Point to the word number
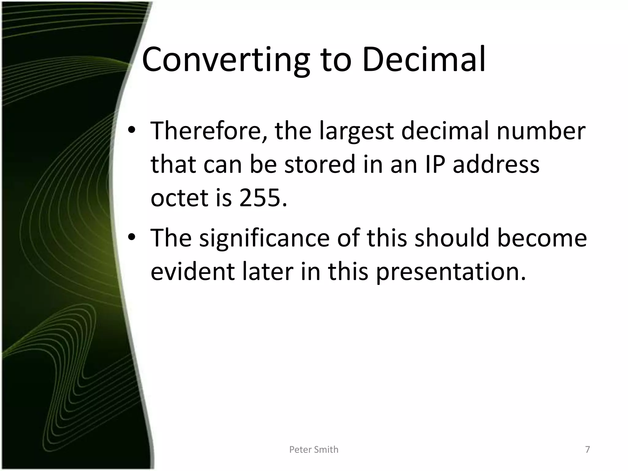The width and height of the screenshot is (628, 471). (x=541, y=131)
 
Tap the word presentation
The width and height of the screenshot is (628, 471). (x=451, y=272)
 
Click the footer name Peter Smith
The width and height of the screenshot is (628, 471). (x=314, y=450)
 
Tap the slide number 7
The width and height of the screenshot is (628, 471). (x=588, y=450)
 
